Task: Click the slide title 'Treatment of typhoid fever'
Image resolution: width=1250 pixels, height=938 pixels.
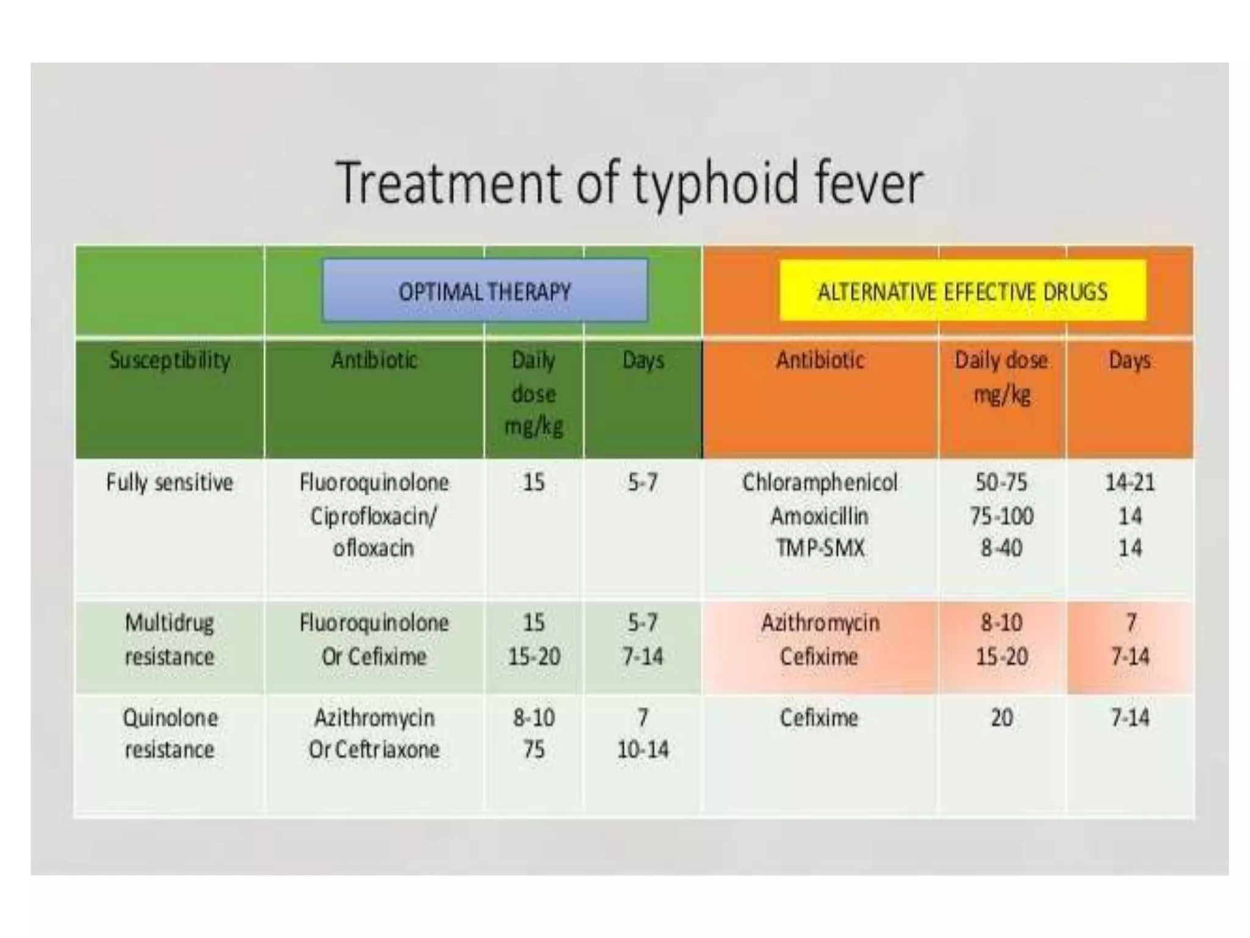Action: tap(629, 182)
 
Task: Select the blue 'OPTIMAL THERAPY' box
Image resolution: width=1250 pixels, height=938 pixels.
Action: tap(485, 291)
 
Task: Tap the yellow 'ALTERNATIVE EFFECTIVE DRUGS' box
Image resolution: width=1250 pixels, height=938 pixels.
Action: tap(963, 291)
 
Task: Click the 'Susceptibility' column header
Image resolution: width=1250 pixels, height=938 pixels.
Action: tap(170, 360)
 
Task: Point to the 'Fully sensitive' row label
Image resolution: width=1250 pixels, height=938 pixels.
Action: tap(170, 483)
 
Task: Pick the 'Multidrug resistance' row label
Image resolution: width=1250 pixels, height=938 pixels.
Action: tap(170, 640)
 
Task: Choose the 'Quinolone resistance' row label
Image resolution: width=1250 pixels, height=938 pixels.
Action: tap(170, 733)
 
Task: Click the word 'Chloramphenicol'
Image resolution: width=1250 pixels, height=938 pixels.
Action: tap(820, 483)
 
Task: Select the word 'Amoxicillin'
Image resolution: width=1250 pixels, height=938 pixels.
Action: tap(820, 517)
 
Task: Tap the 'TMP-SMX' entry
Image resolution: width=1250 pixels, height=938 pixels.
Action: tap(820, 548)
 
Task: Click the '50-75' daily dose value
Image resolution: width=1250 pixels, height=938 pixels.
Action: tap(1001, 483)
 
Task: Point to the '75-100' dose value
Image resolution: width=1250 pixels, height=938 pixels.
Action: tap(1001, 517)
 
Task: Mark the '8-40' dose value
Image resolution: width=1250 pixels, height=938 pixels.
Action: tap(1001, 548)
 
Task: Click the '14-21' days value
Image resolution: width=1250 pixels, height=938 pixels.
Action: tap(1130, 483)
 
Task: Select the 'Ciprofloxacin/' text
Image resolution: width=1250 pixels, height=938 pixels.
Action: tap(374, 517)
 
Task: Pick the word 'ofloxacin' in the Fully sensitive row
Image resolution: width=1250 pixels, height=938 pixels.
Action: tap(374, 548)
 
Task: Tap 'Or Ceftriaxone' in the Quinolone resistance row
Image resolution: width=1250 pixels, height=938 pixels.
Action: tap(374, 750)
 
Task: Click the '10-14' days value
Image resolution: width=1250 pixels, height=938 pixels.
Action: tap(643, 750)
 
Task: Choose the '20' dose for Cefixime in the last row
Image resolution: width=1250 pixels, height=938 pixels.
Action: tap(1001, 718)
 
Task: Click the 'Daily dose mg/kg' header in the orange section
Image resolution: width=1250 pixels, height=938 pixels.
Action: tap(1001, 377)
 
